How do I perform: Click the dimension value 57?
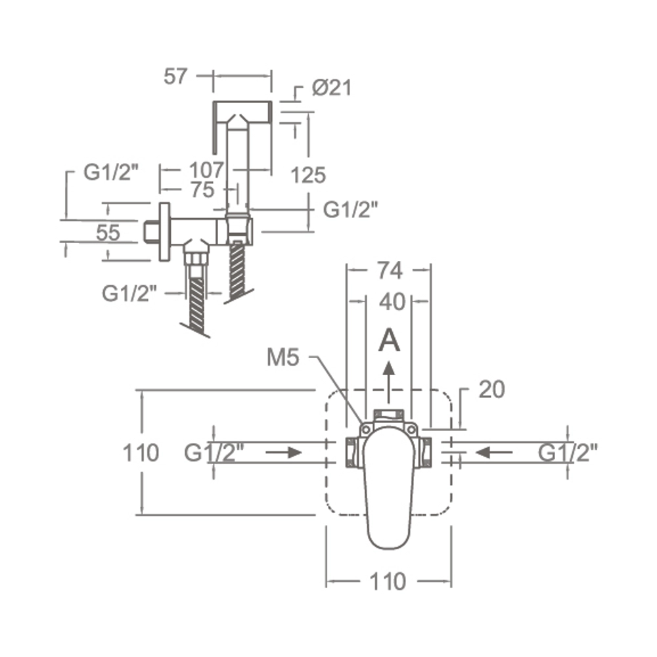click(175, 76)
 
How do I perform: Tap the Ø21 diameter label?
click(332, 87)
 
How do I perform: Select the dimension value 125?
click(308, 175)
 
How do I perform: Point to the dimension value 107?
click(206, 170)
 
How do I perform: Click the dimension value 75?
click(202, 190)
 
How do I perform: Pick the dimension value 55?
click(108, 233)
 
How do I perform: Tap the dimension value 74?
click(390, 271)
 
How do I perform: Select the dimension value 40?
click(392, 302)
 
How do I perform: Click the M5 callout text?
click(283, 357)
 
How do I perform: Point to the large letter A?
click(389, 340)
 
